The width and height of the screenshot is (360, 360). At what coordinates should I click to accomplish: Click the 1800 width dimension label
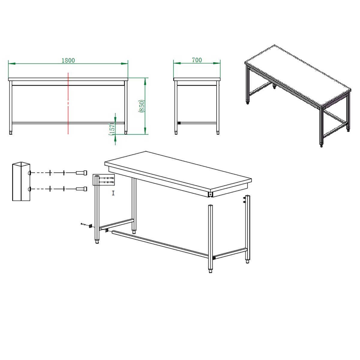pyautogui.click(x=68, y=60)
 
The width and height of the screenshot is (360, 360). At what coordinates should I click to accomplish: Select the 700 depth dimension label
pyautogui.click(x=197, y=60)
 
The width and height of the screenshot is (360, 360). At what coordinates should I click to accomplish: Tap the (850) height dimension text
pyautogui.click(x=142, y=106)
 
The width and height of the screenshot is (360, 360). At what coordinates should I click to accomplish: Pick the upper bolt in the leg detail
pyautogui.click(x=82, y=173)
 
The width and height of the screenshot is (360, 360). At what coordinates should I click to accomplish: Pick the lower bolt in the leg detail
pyautogui.click(x=82, y=189)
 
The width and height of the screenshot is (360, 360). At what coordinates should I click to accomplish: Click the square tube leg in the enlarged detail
pyautogui.click(x=21, y=181)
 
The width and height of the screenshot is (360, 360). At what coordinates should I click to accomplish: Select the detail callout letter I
pyautogui.click(x=113, y=193)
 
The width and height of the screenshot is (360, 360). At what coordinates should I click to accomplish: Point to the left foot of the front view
pyautogui.click(x=11, y=133)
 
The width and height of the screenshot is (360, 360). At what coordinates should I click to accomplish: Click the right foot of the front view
pyautogui.click(x=126, y=133)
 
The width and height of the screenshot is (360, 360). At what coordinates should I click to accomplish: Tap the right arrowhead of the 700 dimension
pyautogui.click(x=217, y=63)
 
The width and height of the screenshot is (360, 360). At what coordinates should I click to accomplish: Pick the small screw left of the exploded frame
pyautogui.click(x=83, y=224)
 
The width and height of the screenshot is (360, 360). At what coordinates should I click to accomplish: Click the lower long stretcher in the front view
pyautogui.click(x=68, y=123)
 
